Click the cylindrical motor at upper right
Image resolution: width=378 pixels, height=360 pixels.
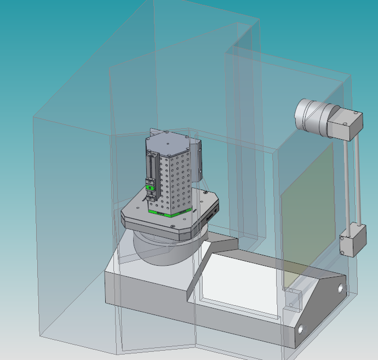click(x=311, y=116)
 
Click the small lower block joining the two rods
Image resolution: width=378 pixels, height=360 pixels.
click(x=352, y=242)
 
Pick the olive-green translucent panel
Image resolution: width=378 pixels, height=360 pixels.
click(x=307, y=208)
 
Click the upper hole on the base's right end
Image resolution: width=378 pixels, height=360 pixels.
click(x=341, y=288)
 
